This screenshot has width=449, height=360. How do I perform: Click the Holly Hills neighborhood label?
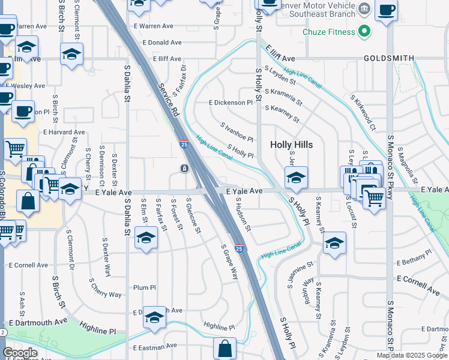(x=295, y=145)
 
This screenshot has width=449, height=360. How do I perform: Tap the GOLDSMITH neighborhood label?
(x=389, y=58)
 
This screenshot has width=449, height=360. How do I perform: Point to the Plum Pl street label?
(x=145, y=287)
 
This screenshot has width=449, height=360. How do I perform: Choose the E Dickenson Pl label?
(x=231, y=103)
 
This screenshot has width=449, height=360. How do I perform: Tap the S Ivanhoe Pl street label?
(x=237, y=133)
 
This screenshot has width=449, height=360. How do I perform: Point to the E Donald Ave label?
(x=158, y=43)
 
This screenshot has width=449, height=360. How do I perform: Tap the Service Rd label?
(x=168, y=100)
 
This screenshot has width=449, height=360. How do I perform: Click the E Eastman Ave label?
(x=155, y=346)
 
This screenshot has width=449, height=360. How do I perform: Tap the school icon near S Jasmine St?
(x=334, y=242)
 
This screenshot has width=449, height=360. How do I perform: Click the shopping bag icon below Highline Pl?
(x=224, y=348)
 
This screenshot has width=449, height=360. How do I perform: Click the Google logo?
(x=20, y=353)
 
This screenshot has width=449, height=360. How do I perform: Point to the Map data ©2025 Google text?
(x=411, y=355)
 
